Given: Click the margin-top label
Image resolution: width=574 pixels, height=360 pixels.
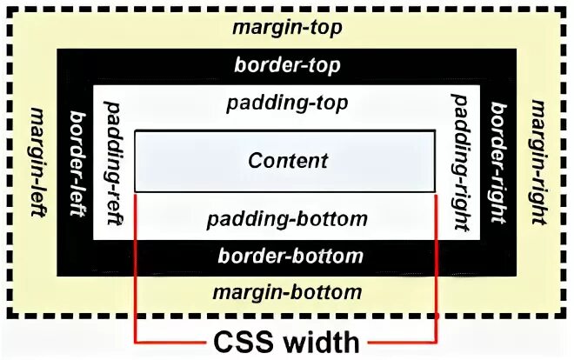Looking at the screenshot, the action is pyautogui.click(x=287, y=27).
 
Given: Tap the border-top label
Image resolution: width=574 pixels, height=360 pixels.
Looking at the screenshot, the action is pyautogui.click(x=287, y=65).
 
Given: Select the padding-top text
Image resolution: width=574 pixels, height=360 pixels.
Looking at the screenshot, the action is pyautogui.click(x=287, y=103).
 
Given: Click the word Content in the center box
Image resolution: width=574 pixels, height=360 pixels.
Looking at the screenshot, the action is pyautogui.click(x=288, y=161).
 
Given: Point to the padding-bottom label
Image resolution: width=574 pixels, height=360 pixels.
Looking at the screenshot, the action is pyautogui.click(x=287, y=217).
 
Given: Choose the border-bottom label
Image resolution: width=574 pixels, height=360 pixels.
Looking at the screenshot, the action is pyautogui.click(x=290, y=256).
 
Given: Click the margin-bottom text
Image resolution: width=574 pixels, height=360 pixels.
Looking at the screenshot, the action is pyautogui.click(x=287, y=290).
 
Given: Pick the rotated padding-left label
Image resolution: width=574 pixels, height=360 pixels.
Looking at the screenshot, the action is pyautogui.click(x=113, y=162).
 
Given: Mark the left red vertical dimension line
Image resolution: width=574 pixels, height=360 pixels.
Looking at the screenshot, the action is pyautogui.click(x=136, y=270).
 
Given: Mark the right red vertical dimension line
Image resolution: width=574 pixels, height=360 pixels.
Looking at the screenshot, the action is pyautogui.click(x=435, y=270).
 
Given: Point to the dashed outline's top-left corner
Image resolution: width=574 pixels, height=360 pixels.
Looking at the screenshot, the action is pyautogui.click(x=10, y=10).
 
